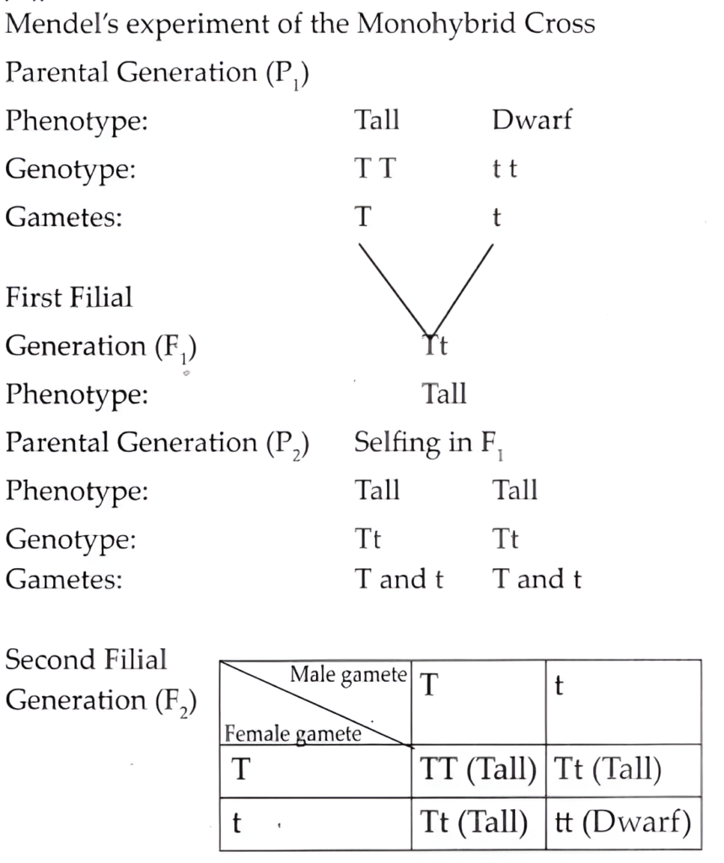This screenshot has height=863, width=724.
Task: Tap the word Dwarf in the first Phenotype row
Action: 532,120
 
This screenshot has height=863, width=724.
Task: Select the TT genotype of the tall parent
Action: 374,168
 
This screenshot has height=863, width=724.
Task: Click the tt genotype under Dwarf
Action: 504,169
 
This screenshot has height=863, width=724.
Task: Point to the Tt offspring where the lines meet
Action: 436,346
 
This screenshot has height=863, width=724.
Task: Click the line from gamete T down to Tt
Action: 394,290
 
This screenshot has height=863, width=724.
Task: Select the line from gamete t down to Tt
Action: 462,290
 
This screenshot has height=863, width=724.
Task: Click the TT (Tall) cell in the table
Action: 479,770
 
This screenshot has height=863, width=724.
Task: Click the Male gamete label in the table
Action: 348,675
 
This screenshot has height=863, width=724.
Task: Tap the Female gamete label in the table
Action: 293,734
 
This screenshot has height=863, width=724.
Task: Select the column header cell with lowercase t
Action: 623,702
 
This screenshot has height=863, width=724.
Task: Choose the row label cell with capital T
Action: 315,770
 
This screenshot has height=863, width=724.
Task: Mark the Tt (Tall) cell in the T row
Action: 623,770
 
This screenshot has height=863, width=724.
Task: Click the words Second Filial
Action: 86,659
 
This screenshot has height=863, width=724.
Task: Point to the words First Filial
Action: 69,297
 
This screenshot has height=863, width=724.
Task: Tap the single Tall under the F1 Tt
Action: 444,394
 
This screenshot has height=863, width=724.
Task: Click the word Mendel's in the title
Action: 62,24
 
